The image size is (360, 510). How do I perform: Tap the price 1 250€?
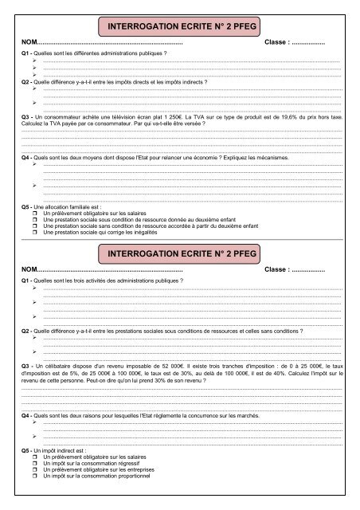click(155, 116)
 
